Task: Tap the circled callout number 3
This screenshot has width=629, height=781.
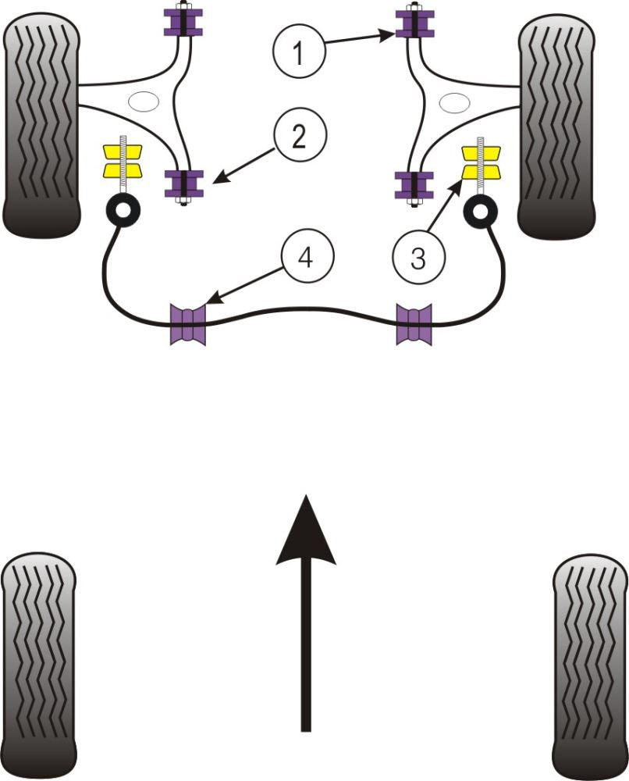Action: (418, 259)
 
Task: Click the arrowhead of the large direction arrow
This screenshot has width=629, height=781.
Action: (306, 531)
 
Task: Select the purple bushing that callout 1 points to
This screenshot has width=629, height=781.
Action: (414, 24)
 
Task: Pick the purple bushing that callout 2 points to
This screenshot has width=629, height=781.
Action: (183, 184)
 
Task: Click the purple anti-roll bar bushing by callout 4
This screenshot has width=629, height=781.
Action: (187, 324)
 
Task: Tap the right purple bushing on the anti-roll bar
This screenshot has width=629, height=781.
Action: (414, 324)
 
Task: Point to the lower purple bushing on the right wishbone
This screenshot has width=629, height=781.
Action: (414, 185)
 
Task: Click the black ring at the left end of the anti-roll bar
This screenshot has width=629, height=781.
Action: (123, 210)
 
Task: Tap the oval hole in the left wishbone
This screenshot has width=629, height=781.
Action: (143, 102)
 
